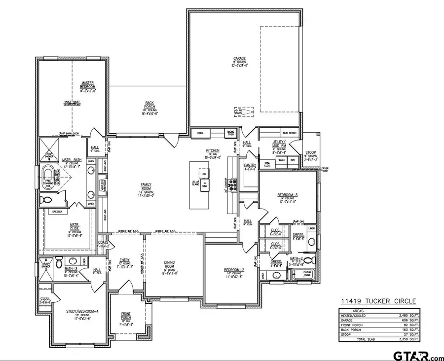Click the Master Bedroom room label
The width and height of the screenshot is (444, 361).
87,85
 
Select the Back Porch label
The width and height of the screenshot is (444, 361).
150,105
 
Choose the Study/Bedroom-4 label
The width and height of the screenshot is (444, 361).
79,312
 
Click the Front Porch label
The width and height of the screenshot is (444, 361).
126,315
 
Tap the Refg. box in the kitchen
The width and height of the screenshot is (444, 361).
201,133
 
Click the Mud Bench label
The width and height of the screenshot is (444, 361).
288,133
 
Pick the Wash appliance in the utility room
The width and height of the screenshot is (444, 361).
281,160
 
